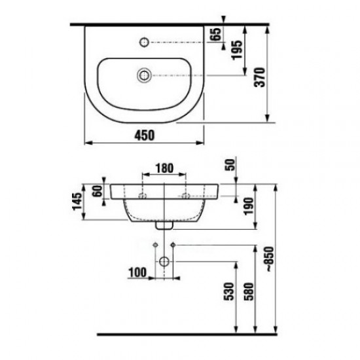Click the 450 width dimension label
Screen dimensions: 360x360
coord(144,134)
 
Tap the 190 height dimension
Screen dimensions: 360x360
coord(247,208)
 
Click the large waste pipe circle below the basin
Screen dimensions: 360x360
coord(164,261)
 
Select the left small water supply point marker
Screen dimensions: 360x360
coord(154,245)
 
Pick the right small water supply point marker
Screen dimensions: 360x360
coord(173,245)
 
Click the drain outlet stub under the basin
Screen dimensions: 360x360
coord(164,225)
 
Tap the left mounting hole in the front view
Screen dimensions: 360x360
coord(143,195)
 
